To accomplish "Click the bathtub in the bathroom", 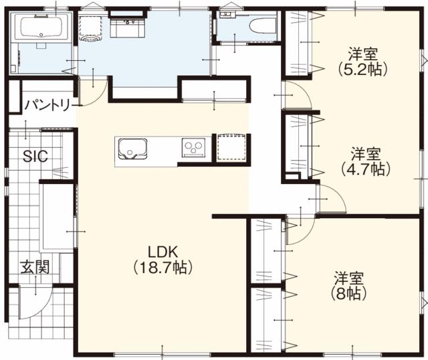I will [41, 28].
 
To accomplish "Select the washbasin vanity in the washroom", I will [125, 27].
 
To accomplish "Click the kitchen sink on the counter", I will [132, 149].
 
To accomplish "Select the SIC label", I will [34, 157].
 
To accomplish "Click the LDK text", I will [161, 252].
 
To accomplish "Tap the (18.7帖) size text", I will [161, 268].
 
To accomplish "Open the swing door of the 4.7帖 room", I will [331, 199].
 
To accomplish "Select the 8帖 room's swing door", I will [299, 230].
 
